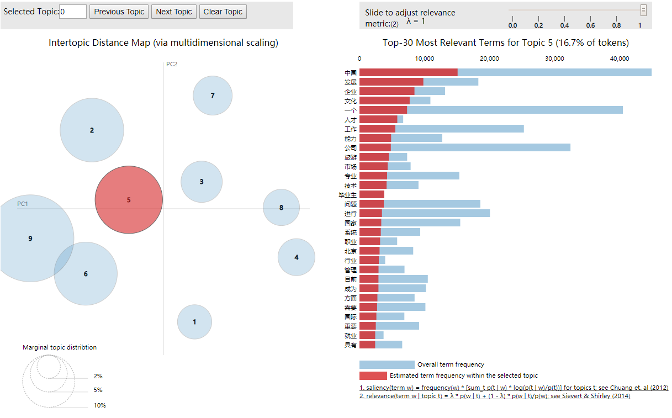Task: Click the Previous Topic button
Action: (119, 12)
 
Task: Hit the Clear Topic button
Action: (223, 12)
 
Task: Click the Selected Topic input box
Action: (73, 12)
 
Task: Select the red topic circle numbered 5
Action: (129, 200)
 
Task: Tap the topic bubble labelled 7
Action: (213, 96)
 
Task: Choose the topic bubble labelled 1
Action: (194, 322)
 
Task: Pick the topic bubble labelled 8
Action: (281, 208)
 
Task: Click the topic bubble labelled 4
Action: (297, 257)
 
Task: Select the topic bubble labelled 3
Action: (202, 182)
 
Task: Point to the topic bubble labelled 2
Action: (92, 130)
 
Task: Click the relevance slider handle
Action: (643, 10)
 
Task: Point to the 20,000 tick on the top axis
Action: (490, 59)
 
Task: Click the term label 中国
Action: (351, 73)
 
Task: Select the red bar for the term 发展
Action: (391, 82)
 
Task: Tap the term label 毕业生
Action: (348, 195)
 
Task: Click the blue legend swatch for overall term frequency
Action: (387, 364)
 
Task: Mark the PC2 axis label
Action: (172, 64)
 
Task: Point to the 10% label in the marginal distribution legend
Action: (99, 405)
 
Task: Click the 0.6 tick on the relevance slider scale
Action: (591, 25)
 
